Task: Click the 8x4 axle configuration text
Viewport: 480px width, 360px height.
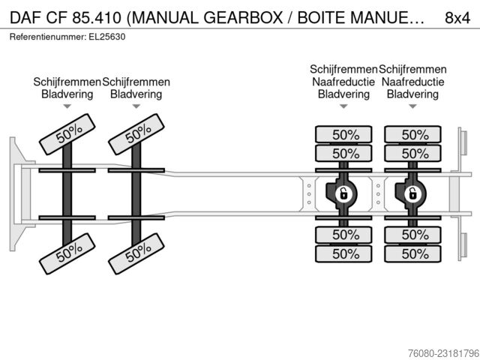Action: tap(457, 18)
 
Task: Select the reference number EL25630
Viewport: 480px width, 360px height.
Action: tap(106, 37)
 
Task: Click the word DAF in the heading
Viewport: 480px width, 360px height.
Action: tap(25, 18)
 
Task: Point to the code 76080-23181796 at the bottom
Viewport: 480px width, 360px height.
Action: tap(443, 353)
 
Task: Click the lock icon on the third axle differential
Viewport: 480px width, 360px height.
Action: tap(344, 193)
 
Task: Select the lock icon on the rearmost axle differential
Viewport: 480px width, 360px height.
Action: tap(413, 193)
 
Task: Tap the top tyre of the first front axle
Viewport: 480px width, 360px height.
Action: tap(67, 134)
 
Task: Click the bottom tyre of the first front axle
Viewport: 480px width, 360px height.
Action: tap(67, 253)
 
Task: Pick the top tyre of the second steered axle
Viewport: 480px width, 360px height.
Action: tap(136, 134)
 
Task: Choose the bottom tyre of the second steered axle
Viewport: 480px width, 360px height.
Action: tap(136, 253)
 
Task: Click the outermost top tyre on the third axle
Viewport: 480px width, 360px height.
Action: tap(343, 134)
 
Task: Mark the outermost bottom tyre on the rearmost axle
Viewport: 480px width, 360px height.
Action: tap(413, 253)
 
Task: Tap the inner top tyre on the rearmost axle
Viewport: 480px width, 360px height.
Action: tap(413, 153)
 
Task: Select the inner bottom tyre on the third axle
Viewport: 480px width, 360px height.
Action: tap(343, 235)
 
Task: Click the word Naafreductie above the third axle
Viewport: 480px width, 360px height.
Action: tap(343, 82)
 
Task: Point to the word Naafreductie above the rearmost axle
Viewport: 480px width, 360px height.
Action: tap(412, 82)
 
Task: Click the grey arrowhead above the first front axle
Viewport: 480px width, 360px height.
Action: tap(67, 106)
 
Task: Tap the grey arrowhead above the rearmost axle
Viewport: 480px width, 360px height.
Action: tap(412, 106)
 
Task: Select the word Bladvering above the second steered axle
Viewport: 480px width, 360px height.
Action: tap(136, 94)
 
